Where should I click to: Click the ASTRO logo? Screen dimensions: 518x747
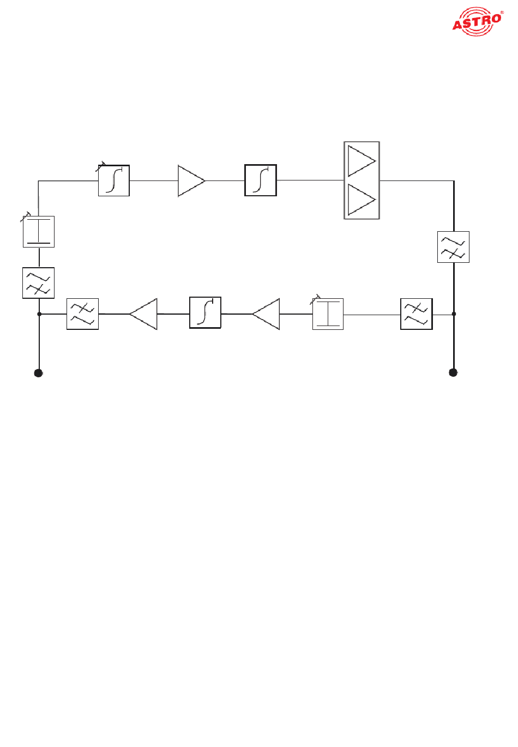[x=477, y=21]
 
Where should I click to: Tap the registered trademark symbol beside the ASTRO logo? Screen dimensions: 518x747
[x=502, y=13]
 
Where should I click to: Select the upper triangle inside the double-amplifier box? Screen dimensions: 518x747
[x=362, y=161]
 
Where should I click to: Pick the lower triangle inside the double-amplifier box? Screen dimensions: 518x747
[x=362, y=200]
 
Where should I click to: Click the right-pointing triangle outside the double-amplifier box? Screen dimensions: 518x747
[x=191, y=180]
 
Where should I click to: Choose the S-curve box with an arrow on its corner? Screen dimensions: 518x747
[x=114, y=180]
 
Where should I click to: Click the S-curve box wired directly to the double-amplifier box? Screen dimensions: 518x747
[x=261, y=180]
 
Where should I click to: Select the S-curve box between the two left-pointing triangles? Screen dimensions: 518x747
[x=205, y=312]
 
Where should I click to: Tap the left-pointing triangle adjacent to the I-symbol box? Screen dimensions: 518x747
[x=266, y=314]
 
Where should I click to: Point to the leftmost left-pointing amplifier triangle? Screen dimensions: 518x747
[x=143, y=314]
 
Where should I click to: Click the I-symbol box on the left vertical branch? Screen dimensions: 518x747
[x=39, y=231]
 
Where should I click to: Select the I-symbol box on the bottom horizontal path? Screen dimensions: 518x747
[x=328, y=314]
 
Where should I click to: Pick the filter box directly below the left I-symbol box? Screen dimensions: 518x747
[x=38, y=283]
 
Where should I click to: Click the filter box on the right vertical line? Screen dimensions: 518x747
[x=453, y=247]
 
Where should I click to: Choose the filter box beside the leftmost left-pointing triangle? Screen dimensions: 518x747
[x=82, y=314]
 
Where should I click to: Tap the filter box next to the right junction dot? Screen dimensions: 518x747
[x=417, y=314]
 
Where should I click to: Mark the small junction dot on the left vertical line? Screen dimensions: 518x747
[x=39, y=314]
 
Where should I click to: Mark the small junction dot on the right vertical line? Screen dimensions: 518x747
[x=454, y=314]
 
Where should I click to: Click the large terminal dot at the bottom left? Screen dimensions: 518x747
[x=38, y=373]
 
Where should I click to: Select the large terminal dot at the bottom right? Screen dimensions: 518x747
[x=453, y=372]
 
